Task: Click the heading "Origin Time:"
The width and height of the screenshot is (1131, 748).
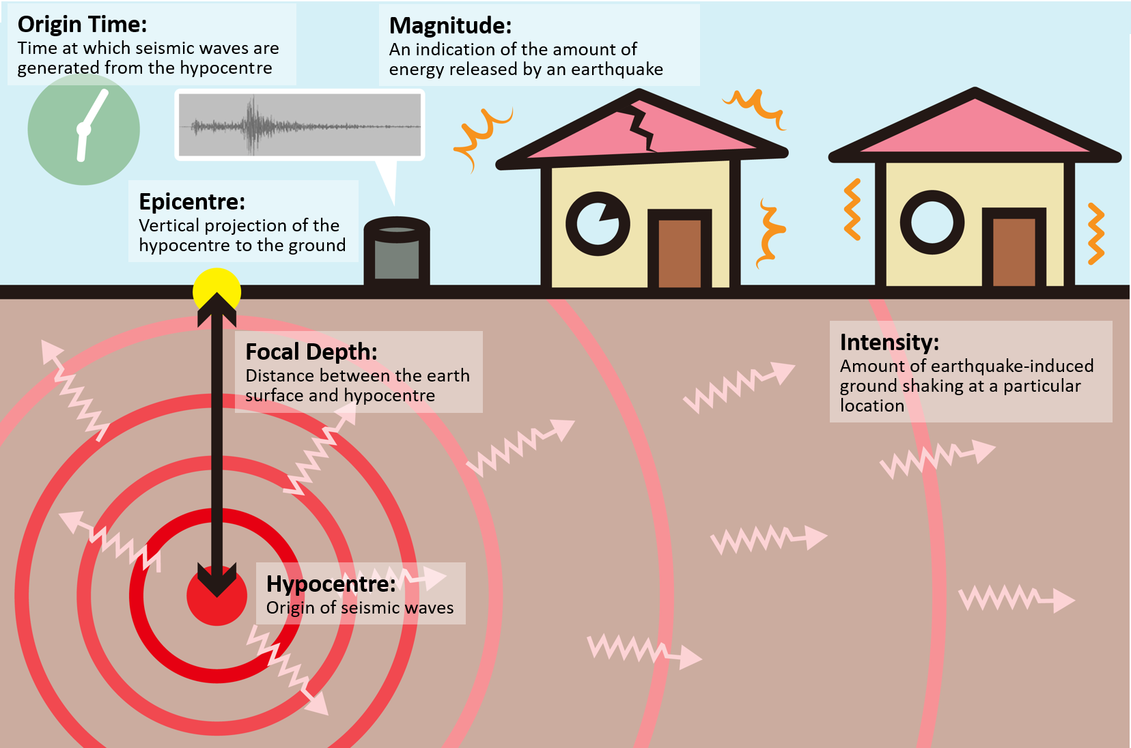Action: tap(82, 25)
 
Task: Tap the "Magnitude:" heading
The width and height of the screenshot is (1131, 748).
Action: tap(450, 26)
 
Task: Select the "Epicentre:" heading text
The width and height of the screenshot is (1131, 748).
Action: tap(191, 202)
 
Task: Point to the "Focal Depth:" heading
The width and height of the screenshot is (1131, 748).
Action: tap(311, 352)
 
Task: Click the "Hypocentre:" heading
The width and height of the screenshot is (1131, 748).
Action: tap(331, 584)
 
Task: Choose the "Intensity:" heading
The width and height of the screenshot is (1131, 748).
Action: tap(889, 342)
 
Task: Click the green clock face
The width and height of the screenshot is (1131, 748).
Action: tap(83, 130)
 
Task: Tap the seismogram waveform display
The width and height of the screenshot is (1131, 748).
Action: tap(300, 125)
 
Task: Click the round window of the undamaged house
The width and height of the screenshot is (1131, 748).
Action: tap(932, 222)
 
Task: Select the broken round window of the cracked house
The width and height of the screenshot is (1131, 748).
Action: tap(598, 223)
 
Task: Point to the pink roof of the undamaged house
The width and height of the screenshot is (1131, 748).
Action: tap(975, 130)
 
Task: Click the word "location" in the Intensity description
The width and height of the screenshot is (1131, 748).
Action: tap(871, 406)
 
